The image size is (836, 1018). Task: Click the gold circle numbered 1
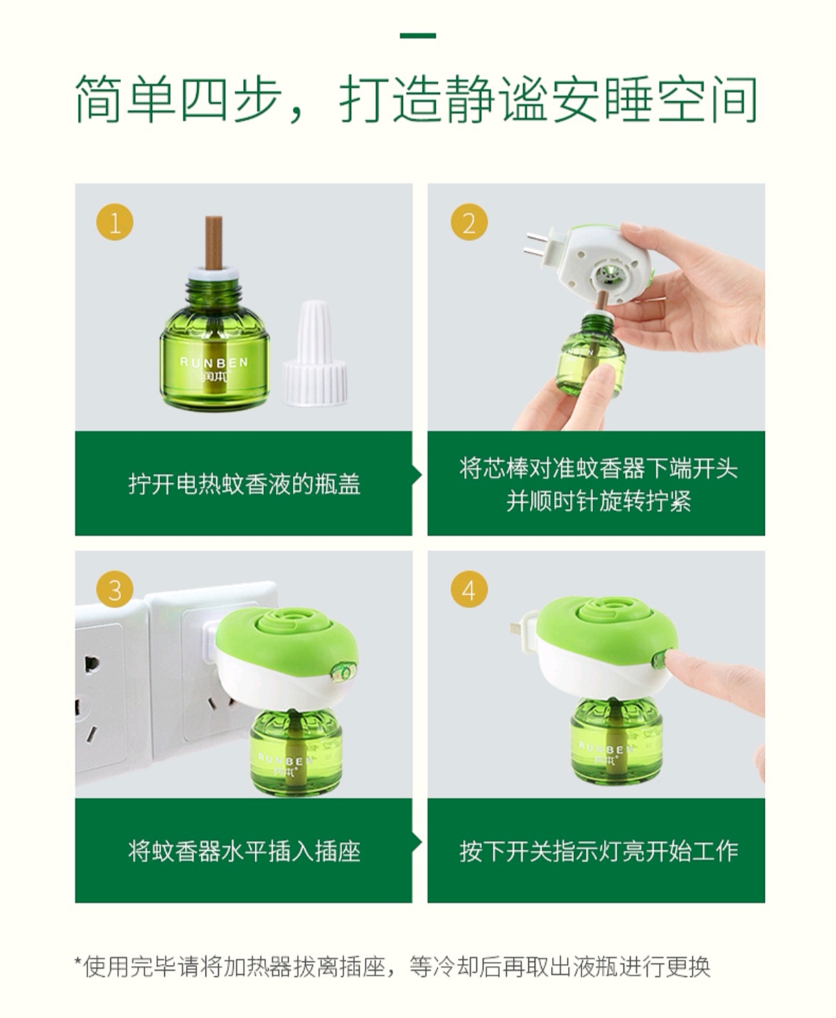(115, 223)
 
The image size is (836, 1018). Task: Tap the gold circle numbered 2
(469, 223)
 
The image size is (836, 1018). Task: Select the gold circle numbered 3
(115, 589)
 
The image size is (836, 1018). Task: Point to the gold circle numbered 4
(469, 589)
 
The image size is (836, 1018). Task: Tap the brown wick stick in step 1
(213, 243)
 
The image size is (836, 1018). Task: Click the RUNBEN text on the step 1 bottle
(214, 362)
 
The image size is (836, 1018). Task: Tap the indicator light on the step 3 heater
(343, 673)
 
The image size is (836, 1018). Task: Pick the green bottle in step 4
(617, 741)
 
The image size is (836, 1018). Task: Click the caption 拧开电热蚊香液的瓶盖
(245, 484)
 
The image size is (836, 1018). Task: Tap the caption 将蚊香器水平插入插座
(245, 851)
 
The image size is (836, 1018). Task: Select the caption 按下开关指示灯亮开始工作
(599, 851)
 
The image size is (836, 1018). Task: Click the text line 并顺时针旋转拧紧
(599, 501)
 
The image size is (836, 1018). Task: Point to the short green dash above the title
(418, 36)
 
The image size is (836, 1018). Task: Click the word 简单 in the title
(124, 98)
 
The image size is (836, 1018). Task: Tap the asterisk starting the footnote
(77, 961)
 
